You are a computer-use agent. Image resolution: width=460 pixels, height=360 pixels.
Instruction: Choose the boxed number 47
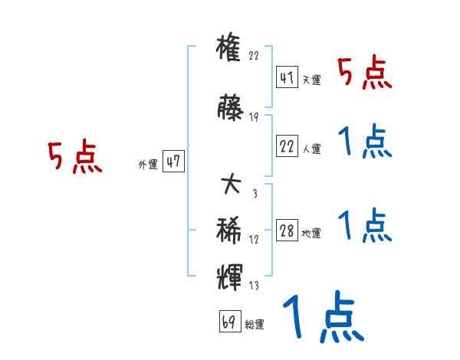pyautogui.click(x=173, y=162)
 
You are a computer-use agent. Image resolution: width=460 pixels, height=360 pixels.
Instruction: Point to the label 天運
pyautogui.click(x=312, y=80)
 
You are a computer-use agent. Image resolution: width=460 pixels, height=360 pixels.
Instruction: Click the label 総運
pyautogui.click(x=255, y=324)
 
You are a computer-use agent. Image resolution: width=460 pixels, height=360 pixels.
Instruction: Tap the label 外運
pyautogui.click(x=148, y=164)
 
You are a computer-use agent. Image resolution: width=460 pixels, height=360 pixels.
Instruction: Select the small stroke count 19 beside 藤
pyautogui.click(x=254, y=117)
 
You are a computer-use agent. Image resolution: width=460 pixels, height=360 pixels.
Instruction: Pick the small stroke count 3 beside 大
pyautogui.click(x=254, y=193)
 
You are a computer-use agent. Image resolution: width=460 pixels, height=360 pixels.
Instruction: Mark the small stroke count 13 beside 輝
pyautogui.click(x=254, y=286)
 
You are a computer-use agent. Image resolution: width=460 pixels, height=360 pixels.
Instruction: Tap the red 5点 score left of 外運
pyautogui.click(x=74, y=158)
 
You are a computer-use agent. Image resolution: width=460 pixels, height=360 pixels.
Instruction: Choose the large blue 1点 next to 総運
pyautogui.click(x=323, y=317)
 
